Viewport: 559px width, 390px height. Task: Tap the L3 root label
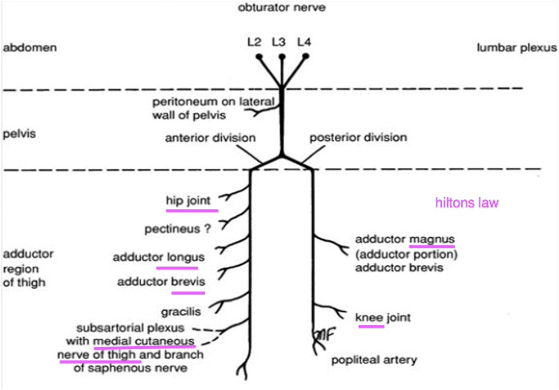[x=279, y=41]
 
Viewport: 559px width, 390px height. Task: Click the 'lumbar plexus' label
[x=516, y=47]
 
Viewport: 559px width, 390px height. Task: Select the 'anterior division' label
[x=210, y=137]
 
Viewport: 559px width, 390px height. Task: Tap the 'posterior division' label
[x=358, y=137]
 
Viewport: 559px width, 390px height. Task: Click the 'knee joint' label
[x=383, y=318]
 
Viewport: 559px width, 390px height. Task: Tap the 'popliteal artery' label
[x=374, y=360]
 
